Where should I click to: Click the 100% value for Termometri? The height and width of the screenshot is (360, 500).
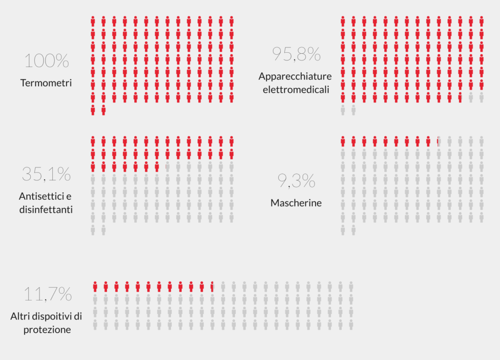46,61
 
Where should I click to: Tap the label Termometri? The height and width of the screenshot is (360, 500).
46,83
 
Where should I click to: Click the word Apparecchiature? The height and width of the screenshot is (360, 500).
295,77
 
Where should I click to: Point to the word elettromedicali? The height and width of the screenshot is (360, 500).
296,89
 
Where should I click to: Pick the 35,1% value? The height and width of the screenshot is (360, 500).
46,174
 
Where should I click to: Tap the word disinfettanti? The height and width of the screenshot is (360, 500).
46,210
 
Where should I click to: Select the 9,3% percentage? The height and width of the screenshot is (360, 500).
296,181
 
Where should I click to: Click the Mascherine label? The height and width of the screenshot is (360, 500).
296,202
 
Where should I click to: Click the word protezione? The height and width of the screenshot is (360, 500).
47,329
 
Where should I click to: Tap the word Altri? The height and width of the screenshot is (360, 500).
21,317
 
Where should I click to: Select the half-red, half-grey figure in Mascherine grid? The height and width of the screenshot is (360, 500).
438,142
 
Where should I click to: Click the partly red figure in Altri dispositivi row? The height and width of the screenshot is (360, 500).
212,287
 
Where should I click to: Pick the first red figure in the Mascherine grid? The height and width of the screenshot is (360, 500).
343,142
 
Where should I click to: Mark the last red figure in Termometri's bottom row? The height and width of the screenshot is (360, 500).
104,110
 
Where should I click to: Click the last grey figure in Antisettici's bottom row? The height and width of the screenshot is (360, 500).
104,230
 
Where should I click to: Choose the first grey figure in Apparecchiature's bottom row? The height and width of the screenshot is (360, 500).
343,110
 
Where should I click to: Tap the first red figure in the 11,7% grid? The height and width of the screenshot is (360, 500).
95,287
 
